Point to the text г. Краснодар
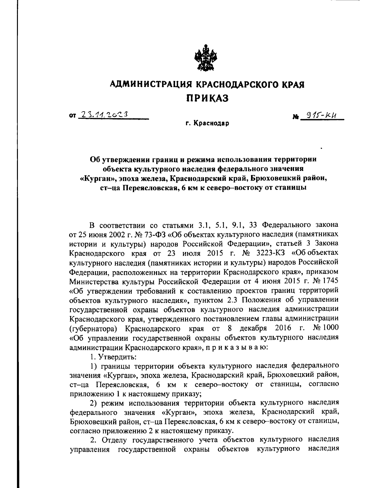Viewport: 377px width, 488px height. [x=207, y=123]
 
